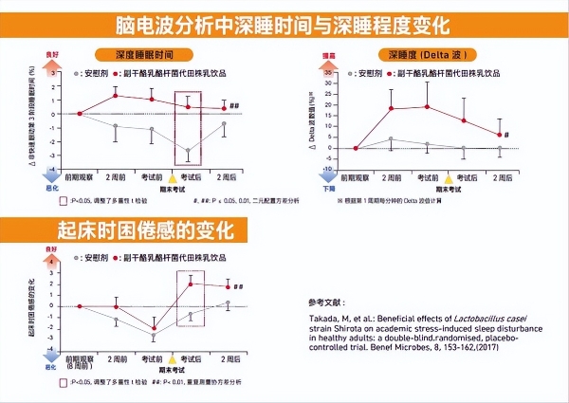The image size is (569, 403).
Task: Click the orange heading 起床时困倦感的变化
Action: (138, 229)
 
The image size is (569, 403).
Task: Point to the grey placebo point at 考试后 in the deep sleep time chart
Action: (188, 151)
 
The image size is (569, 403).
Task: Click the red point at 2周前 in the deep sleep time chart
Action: (115, 95)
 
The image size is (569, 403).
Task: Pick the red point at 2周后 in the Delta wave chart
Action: (500, 135)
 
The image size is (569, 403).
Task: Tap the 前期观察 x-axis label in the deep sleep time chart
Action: (79, 177)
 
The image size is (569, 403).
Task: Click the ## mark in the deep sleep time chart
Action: (233, 107)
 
